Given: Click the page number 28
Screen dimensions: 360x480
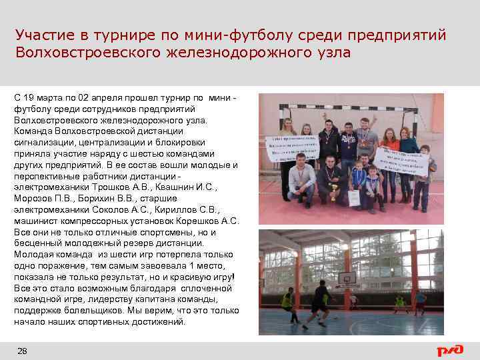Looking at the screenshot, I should click(22, 350).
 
